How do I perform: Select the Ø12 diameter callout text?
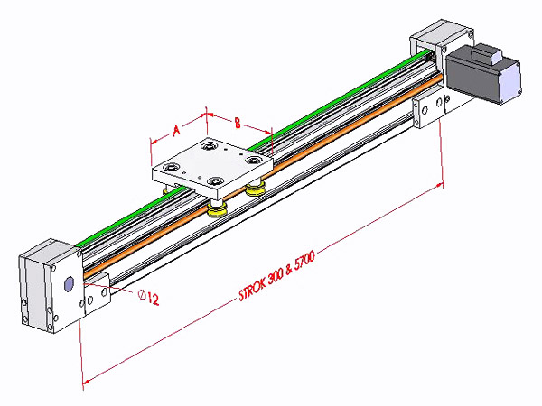point(149,296)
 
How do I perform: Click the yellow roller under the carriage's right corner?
point(256,189)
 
